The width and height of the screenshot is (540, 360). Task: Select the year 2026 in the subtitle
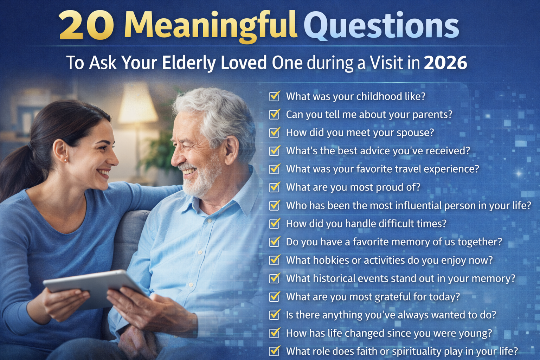tap(445, 63)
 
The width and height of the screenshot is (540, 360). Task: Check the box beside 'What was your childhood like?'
tap(274, 96)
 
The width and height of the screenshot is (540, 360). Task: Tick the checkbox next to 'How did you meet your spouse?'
tap(274, 133)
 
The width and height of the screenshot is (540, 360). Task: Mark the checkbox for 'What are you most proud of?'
tap(274, 187)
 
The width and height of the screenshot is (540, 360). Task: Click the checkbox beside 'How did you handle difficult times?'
tap(274, 224)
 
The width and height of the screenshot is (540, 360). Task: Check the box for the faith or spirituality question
tap(274, 351)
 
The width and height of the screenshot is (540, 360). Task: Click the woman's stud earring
tap(65, 160)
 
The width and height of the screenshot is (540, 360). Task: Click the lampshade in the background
tap(137, 104)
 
